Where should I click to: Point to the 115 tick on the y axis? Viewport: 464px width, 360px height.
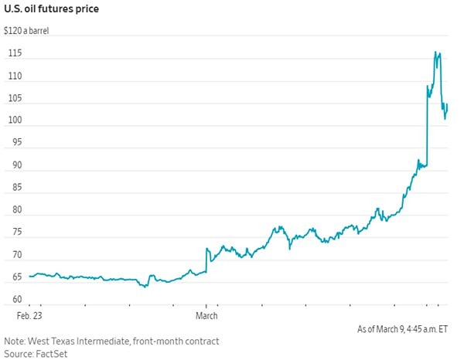click(13, 54)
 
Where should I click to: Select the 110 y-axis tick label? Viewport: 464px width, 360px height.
click(13, 76)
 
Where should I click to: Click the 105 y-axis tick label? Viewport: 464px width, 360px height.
click(13, 99)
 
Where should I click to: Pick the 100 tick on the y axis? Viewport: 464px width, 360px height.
click(13, 121)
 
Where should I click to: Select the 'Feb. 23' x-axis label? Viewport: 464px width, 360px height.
click(32, 315)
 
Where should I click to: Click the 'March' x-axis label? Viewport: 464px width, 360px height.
click(206, 315)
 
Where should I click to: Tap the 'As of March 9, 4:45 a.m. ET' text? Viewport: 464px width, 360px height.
click(402, 329)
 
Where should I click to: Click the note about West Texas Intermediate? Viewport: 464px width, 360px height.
click(111, 341)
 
